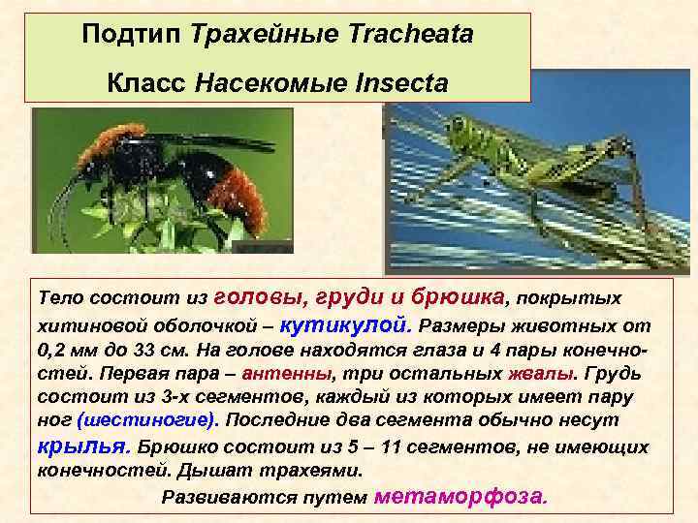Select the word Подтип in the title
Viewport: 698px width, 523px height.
(x=133, y=36)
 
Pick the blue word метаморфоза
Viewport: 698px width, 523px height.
(x=460, y=497)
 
